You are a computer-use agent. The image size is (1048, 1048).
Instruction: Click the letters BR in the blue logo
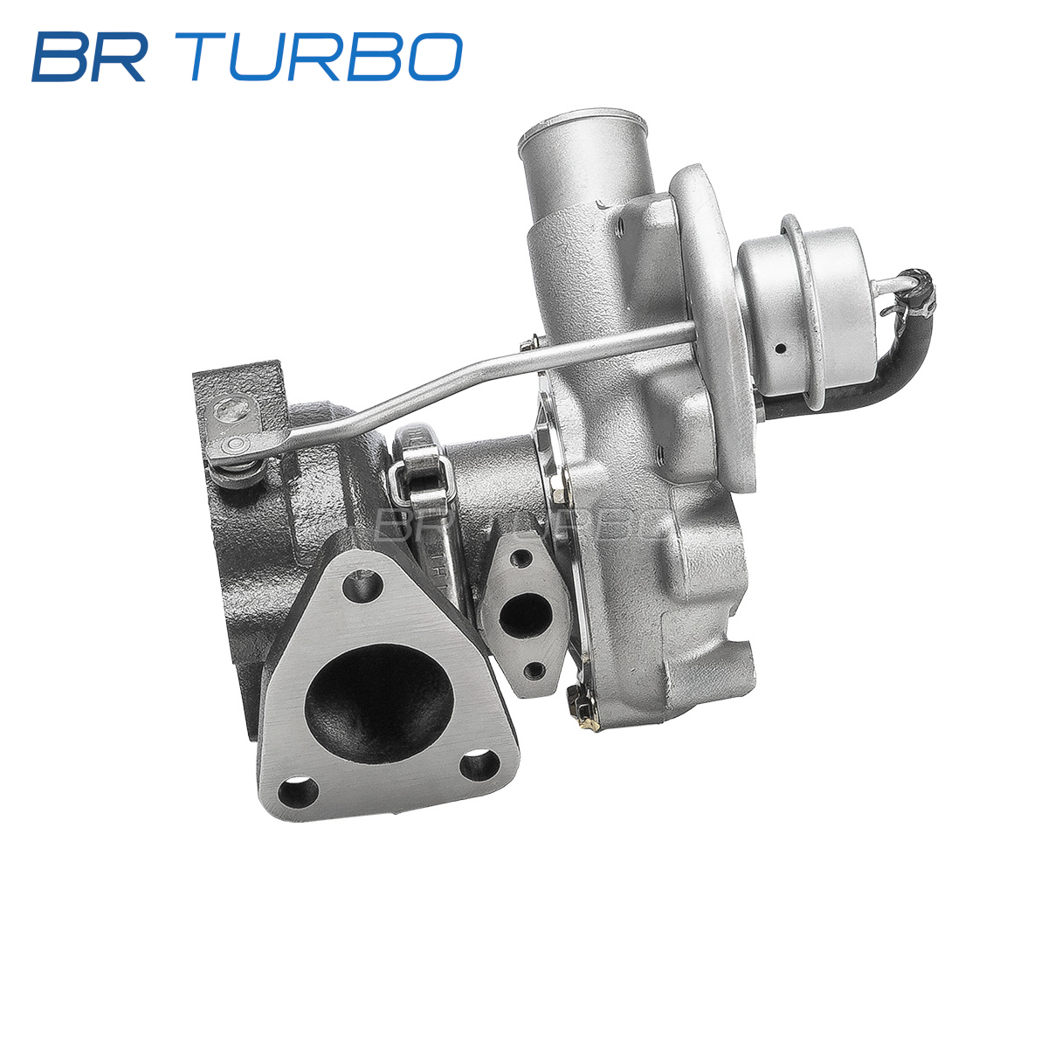(x=89, y=57)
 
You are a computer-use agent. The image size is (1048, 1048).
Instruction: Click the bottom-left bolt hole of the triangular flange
(x=298, y=794)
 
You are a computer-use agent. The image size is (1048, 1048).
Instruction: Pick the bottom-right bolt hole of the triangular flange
(x=479, y=765)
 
